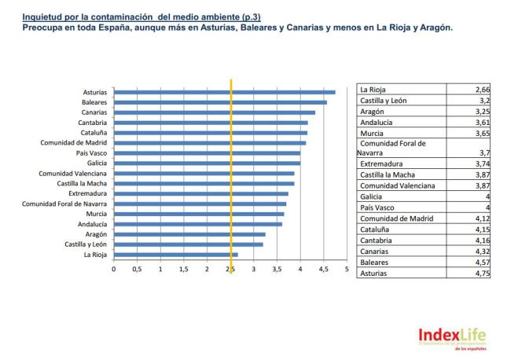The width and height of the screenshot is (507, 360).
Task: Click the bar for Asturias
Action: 224,92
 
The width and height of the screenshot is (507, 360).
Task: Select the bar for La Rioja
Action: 175,255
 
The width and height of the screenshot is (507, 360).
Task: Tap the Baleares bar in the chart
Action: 220,102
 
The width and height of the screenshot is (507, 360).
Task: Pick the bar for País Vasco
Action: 207,153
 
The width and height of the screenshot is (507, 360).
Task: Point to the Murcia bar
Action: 199,214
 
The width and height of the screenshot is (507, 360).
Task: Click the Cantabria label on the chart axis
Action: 94,123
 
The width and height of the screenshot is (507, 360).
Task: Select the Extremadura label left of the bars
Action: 89,193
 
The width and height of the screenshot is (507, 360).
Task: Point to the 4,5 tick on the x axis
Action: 323,269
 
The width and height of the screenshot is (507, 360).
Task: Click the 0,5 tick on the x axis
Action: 138,269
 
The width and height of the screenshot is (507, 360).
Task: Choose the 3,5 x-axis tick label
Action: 277,269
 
